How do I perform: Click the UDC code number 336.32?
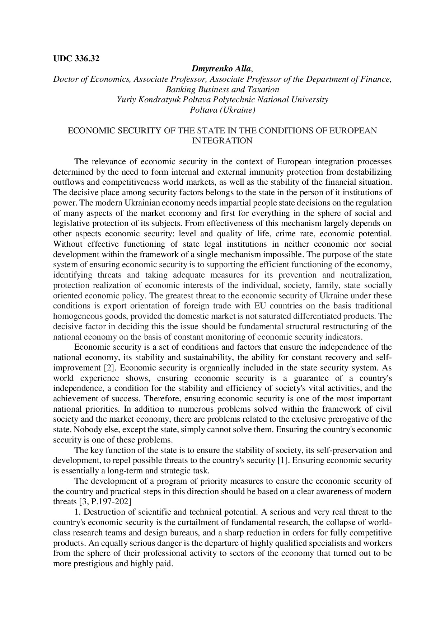point(87,59)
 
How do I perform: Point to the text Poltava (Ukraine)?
point(222,110)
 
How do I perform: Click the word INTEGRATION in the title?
point(222,141)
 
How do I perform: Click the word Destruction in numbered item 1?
point(102,512)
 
